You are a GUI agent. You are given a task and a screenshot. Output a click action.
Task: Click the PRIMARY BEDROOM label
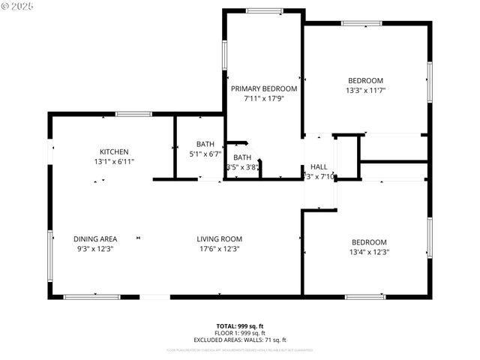point(263,88)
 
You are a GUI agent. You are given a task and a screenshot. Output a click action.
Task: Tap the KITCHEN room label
point(115,151)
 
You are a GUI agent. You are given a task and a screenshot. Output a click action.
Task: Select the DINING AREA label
point(94,239)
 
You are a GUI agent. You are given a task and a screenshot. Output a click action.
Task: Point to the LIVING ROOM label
point(219,239)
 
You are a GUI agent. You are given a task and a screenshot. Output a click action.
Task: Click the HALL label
point(319,166)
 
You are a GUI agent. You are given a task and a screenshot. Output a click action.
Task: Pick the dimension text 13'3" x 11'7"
point(365,91)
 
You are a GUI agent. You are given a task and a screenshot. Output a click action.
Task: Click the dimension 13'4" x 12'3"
point(370,252)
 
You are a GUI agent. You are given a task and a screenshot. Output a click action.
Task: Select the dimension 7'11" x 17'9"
point(263,98)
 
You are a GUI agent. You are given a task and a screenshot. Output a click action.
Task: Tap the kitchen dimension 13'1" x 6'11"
point(115,161)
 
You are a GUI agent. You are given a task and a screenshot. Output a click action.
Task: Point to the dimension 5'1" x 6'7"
point(205,154)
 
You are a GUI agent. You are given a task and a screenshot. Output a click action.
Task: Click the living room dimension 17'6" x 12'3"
point(219,249)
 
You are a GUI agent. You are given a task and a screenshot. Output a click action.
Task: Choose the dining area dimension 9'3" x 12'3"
point(94,249)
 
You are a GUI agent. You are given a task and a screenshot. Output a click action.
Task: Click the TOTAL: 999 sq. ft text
point(240,325)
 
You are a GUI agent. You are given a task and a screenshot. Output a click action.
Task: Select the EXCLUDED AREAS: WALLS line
point(240,340)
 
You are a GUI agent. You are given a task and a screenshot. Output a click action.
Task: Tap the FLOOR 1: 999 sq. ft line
point(240,333)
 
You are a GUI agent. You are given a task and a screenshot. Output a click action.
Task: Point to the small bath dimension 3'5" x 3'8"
point(243,167)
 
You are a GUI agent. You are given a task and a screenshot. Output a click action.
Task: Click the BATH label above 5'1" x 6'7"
point(205,144)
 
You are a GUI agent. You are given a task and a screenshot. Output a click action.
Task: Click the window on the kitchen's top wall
point(133,114)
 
